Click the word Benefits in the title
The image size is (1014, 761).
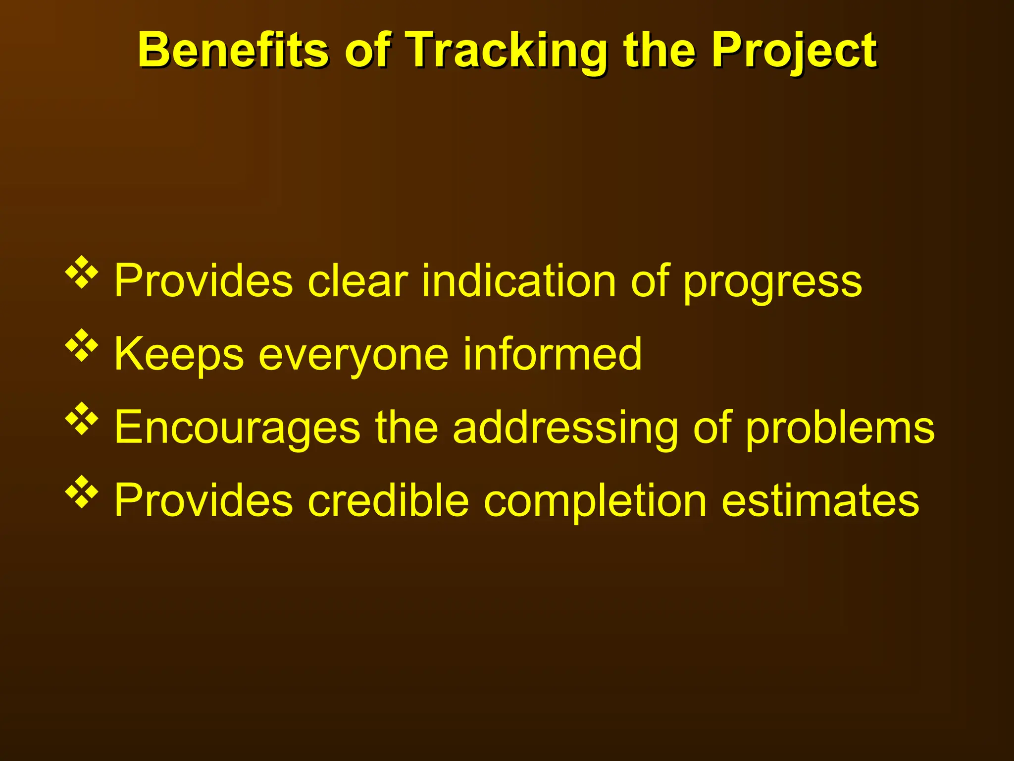tap(233, 50)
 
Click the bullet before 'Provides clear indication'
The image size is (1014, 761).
tap(82, 272)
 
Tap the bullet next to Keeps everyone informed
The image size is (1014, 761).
tap(82, 345)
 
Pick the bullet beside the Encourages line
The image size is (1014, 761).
tap(82, 419)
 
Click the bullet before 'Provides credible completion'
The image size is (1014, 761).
tap(82, 492)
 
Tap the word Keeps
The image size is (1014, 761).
tap(179, 355)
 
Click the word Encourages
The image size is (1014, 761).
tap(237, 429)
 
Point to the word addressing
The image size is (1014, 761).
tap(565, 429)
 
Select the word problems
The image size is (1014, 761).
tap(840, 429)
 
